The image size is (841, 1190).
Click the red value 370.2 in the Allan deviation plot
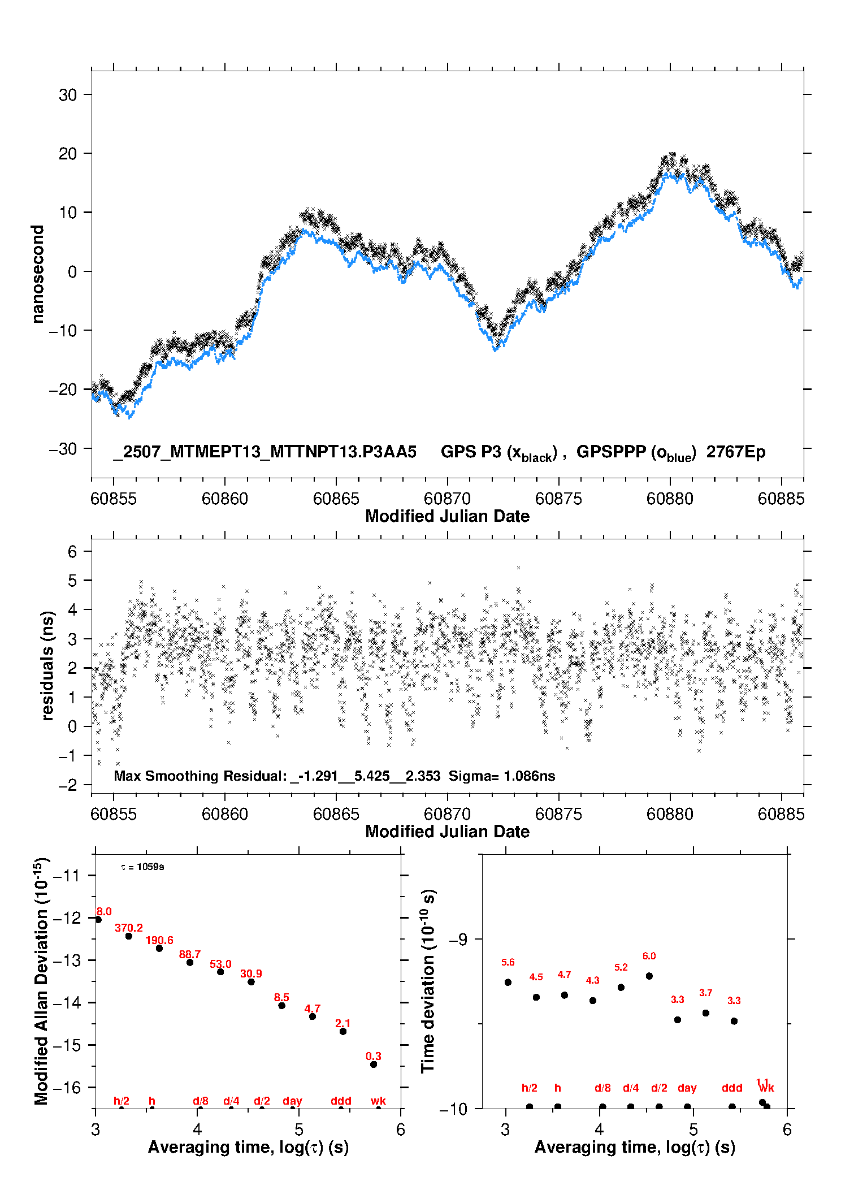coord(129,928)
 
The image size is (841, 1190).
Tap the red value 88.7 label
coord(190,955)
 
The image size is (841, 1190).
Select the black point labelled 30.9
coord(251,982)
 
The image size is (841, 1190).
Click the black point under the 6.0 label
coord(649,976)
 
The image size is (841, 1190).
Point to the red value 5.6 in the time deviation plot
coord(508,963)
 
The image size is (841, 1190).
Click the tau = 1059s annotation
coord(142,867)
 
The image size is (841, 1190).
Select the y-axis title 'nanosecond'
coord(38,274)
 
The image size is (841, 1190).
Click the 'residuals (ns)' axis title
coord(48,666)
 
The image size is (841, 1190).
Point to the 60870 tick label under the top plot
coord(448,499)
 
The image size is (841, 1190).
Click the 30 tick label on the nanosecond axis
coord(67,95)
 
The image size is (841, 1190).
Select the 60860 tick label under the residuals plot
coord(225,814)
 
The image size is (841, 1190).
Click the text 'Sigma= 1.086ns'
coord(502,776)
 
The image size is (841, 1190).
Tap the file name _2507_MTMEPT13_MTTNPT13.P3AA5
coord(265,452)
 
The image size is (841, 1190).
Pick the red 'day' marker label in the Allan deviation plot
coord(293,1101)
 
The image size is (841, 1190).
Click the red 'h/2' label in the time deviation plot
coord(530,1088)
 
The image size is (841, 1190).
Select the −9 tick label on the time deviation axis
coord(458,940)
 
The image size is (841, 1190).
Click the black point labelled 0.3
coord(374,1064)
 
